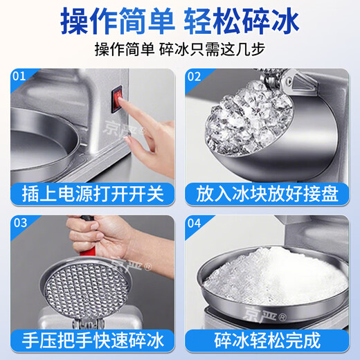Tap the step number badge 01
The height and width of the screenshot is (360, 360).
coord(19,75)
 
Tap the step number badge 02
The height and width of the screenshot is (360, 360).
coord(195,75)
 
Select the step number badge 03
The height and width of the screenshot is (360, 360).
coord(19,224)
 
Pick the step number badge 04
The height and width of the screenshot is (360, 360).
coord(195,224)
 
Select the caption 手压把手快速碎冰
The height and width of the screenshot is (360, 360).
coord(91,341)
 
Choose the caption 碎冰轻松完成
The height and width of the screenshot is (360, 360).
coord(269,341)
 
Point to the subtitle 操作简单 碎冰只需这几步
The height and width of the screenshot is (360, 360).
coord(180,51)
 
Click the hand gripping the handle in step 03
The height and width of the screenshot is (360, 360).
coord(114,239)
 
